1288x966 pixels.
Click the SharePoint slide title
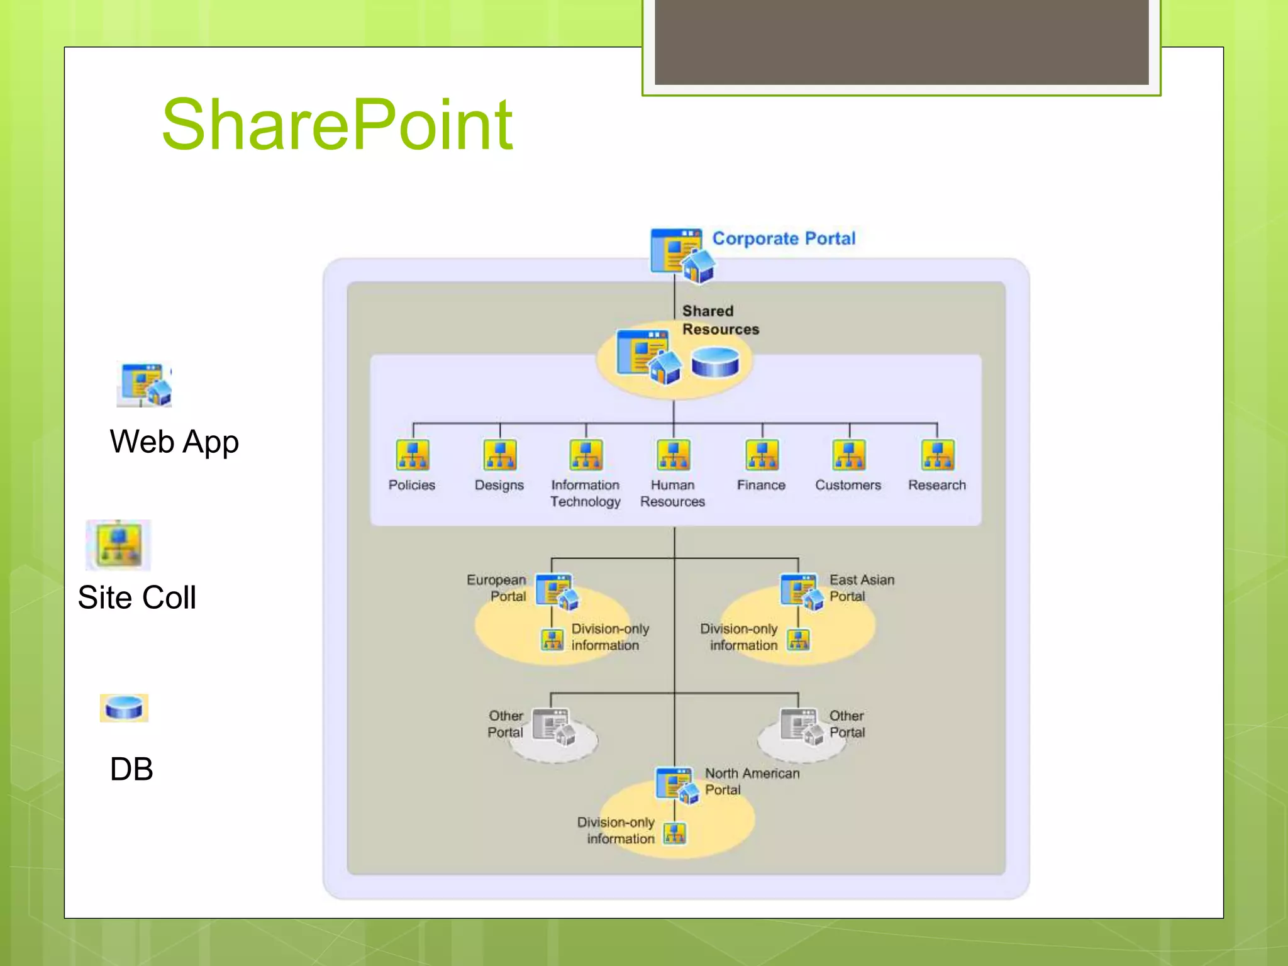pos(337,125)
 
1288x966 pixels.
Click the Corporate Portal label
pos(784,239)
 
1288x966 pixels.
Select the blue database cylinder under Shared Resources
pos(715,364)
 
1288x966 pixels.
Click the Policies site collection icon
pos(413,455)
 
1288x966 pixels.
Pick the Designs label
pos(499,486)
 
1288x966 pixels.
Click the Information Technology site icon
pos(586,455)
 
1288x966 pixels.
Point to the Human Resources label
pos(672,494)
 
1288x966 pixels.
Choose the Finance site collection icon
pos(762,455)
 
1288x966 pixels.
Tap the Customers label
pos(848,486)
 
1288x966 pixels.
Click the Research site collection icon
pos(937,455)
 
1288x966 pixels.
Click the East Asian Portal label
pos(861,588)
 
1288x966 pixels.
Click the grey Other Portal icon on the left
pos(553,727)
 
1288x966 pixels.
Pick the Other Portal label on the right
pos(847,724)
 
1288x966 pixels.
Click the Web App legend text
pos(174,442)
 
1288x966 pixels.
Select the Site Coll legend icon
pos(118,545)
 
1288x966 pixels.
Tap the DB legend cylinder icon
pos(124,708)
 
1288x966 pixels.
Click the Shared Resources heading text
pos(720,320)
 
